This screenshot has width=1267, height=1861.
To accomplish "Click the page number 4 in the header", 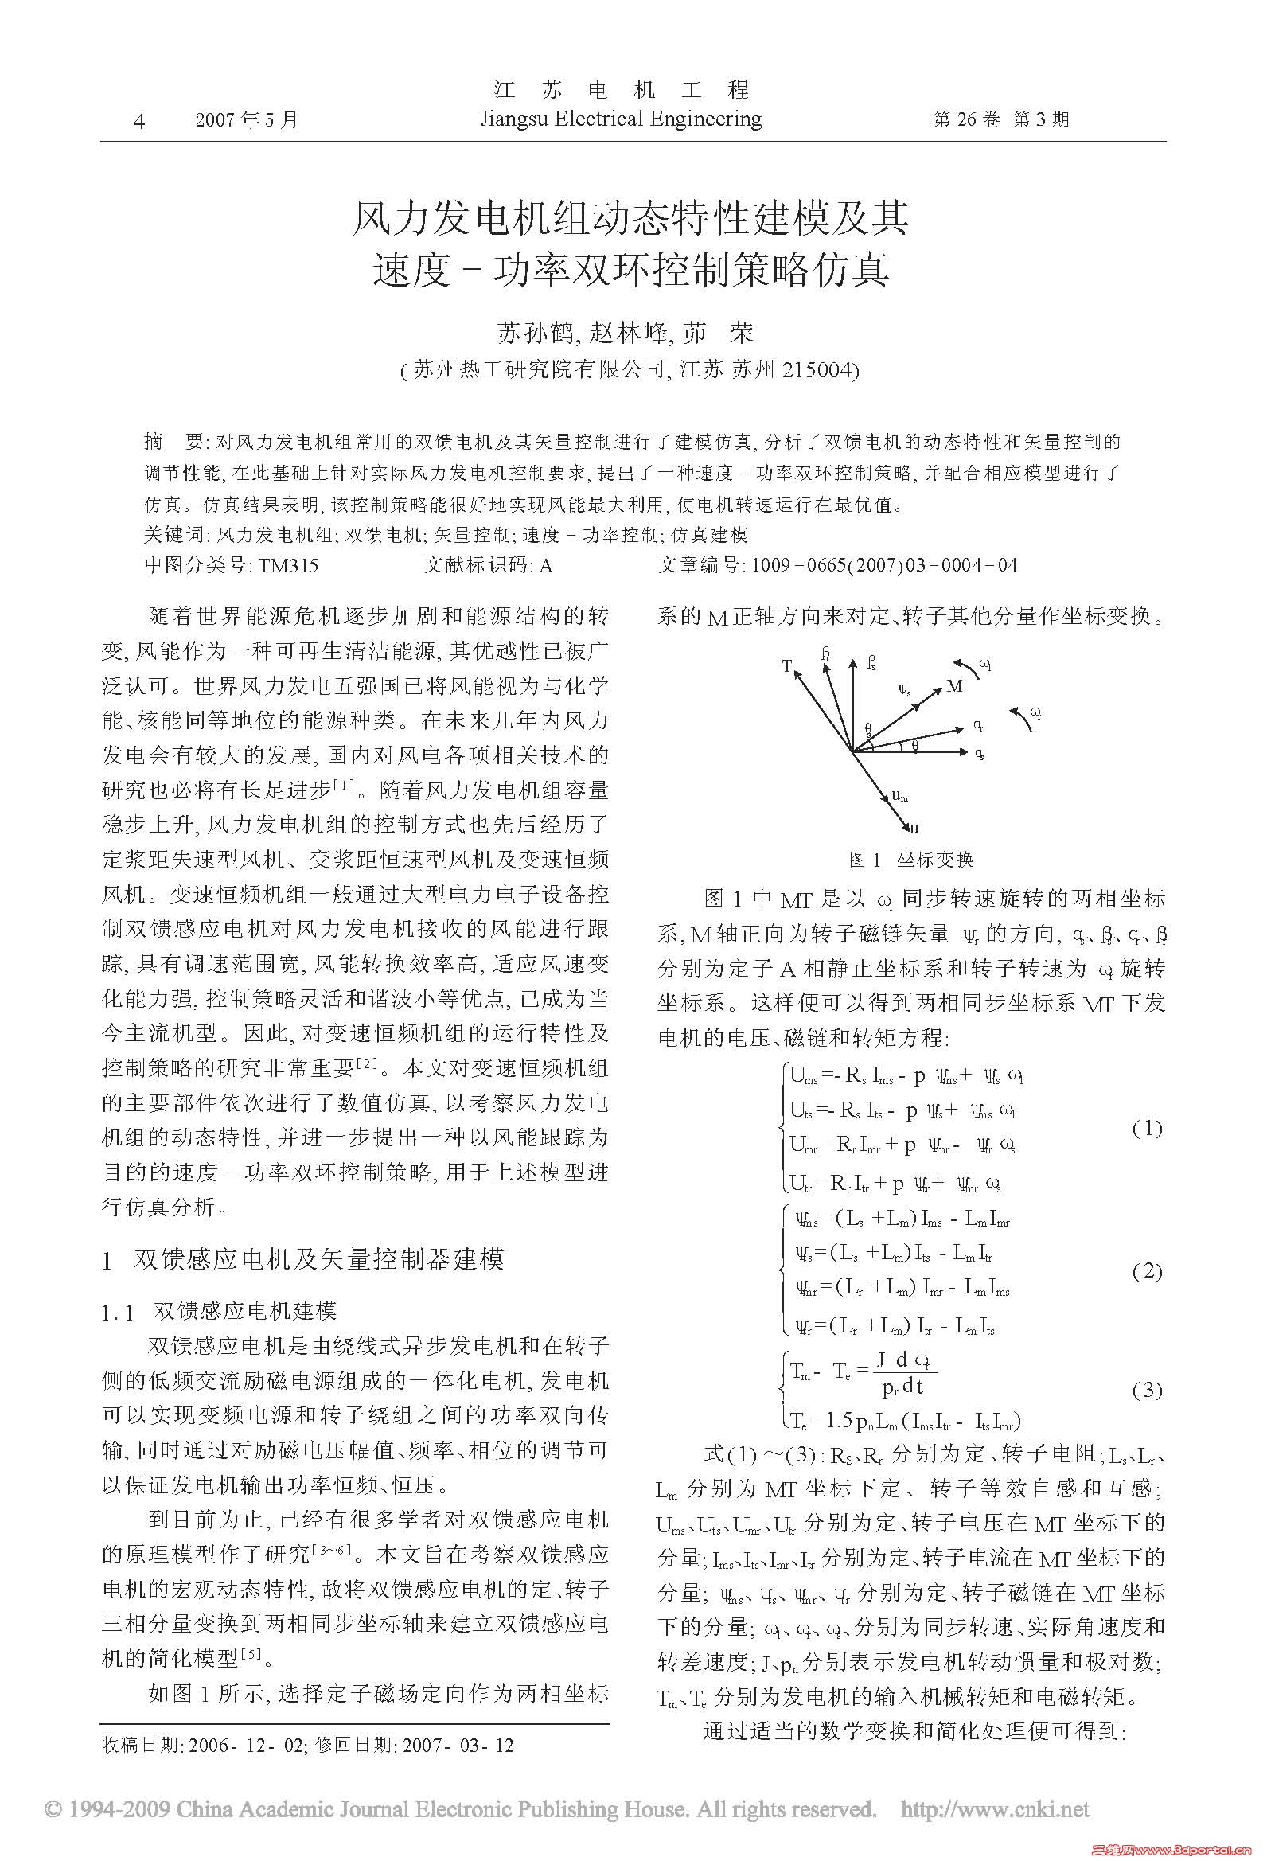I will (140, 121).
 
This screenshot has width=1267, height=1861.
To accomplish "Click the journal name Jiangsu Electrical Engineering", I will (620, 119).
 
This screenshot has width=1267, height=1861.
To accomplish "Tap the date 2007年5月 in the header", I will (247, 120).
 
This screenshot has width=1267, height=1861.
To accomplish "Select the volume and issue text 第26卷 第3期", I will (1000, 120).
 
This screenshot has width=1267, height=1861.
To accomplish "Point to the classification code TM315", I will (287, 565).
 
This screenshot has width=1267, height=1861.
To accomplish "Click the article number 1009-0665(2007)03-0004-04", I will (883, 565).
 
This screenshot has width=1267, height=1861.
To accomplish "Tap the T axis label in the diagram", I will (787, 666).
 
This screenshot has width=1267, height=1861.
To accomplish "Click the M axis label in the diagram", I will (955, 686).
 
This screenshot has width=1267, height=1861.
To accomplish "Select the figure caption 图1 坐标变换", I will (910, 860).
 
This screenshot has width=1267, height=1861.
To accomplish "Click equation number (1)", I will (1147, 1129).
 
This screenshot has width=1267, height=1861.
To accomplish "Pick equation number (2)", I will (1147, 1272).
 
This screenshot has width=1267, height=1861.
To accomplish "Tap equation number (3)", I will (1147, 1389).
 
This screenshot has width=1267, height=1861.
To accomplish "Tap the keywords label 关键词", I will (174, 535).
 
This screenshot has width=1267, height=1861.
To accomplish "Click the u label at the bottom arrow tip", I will (914, 829).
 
